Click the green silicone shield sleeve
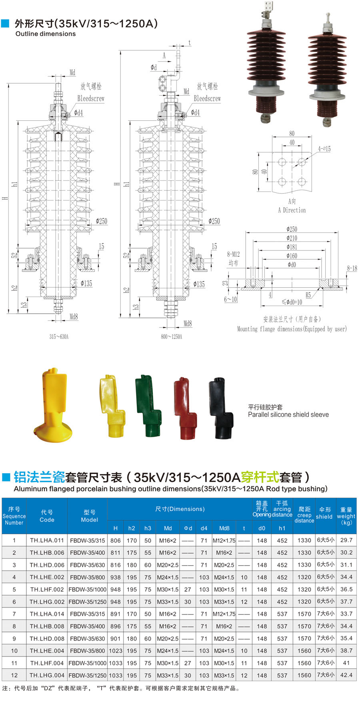point(148,406)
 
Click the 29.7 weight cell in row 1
point(346,540)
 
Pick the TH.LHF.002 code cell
point(47,589)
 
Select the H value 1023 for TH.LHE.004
point(116,651)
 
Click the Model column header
point(89,516)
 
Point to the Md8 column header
point(224,528)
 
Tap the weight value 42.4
point(346,675)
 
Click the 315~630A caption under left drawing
point(59,337)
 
